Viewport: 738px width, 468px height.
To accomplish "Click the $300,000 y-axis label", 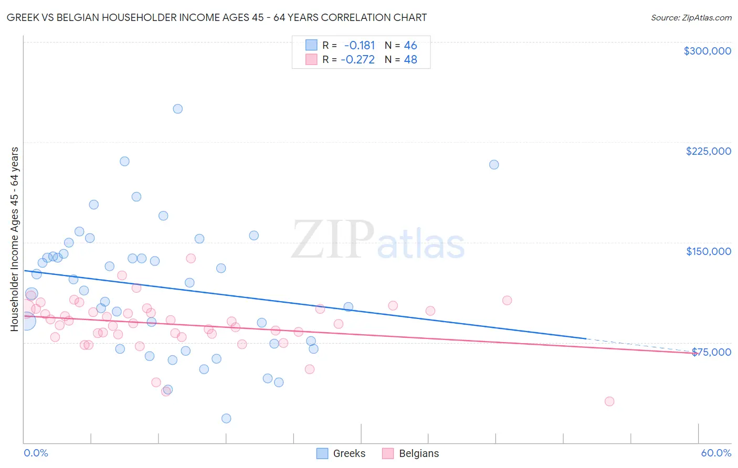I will (707, 51).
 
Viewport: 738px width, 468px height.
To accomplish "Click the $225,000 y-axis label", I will (708, 151).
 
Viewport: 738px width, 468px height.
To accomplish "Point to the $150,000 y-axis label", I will (708, 251).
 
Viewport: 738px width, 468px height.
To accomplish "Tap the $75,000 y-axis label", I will (711, 352).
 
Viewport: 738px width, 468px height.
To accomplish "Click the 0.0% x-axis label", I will (36, 453).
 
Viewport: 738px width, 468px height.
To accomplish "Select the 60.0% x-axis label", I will (715, 453).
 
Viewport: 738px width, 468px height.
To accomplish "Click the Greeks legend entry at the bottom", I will (341, 453).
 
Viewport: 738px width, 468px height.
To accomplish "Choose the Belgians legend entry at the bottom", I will (410, 453).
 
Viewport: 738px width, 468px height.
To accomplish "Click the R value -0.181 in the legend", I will (360, 45).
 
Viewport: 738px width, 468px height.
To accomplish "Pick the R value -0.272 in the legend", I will (358, 59).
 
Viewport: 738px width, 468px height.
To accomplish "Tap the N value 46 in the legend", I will (410, 45).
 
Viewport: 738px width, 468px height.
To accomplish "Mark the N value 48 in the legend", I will (410, 59).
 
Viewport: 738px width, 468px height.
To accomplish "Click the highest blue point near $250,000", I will (178, 109).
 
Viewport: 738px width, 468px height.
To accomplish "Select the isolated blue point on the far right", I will (494, 164).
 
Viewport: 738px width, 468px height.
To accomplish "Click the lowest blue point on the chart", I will (226, 418).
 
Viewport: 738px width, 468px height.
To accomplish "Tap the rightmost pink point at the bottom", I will (609, 401).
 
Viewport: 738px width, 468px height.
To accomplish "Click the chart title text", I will (217, 17).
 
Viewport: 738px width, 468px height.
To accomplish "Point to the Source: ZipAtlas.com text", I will (691, 17).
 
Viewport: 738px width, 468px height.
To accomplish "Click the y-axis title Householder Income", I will (14, 239).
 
